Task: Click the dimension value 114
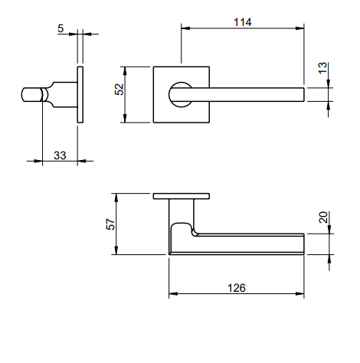[242, 22]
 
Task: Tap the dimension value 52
[119, 90]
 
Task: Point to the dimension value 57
[110, 224]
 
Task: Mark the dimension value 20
[322, 218]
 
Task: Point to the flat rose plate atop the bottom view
[181, 196]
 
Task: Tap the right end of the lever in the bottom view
[303, 244]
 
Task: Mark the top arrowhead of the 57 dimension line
[116, 196]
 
